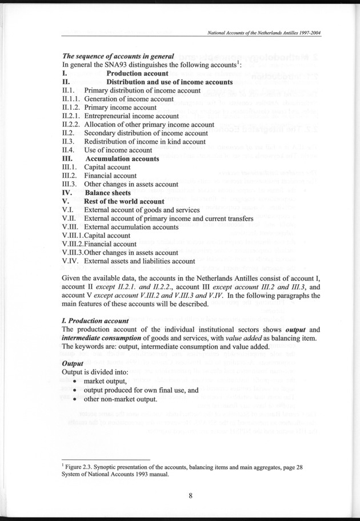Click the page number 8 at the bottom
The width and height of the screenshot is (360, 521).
click(x=190, y=495)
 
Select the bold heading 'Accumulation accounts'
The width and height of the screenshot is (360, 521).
click(x=121, y=158)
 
